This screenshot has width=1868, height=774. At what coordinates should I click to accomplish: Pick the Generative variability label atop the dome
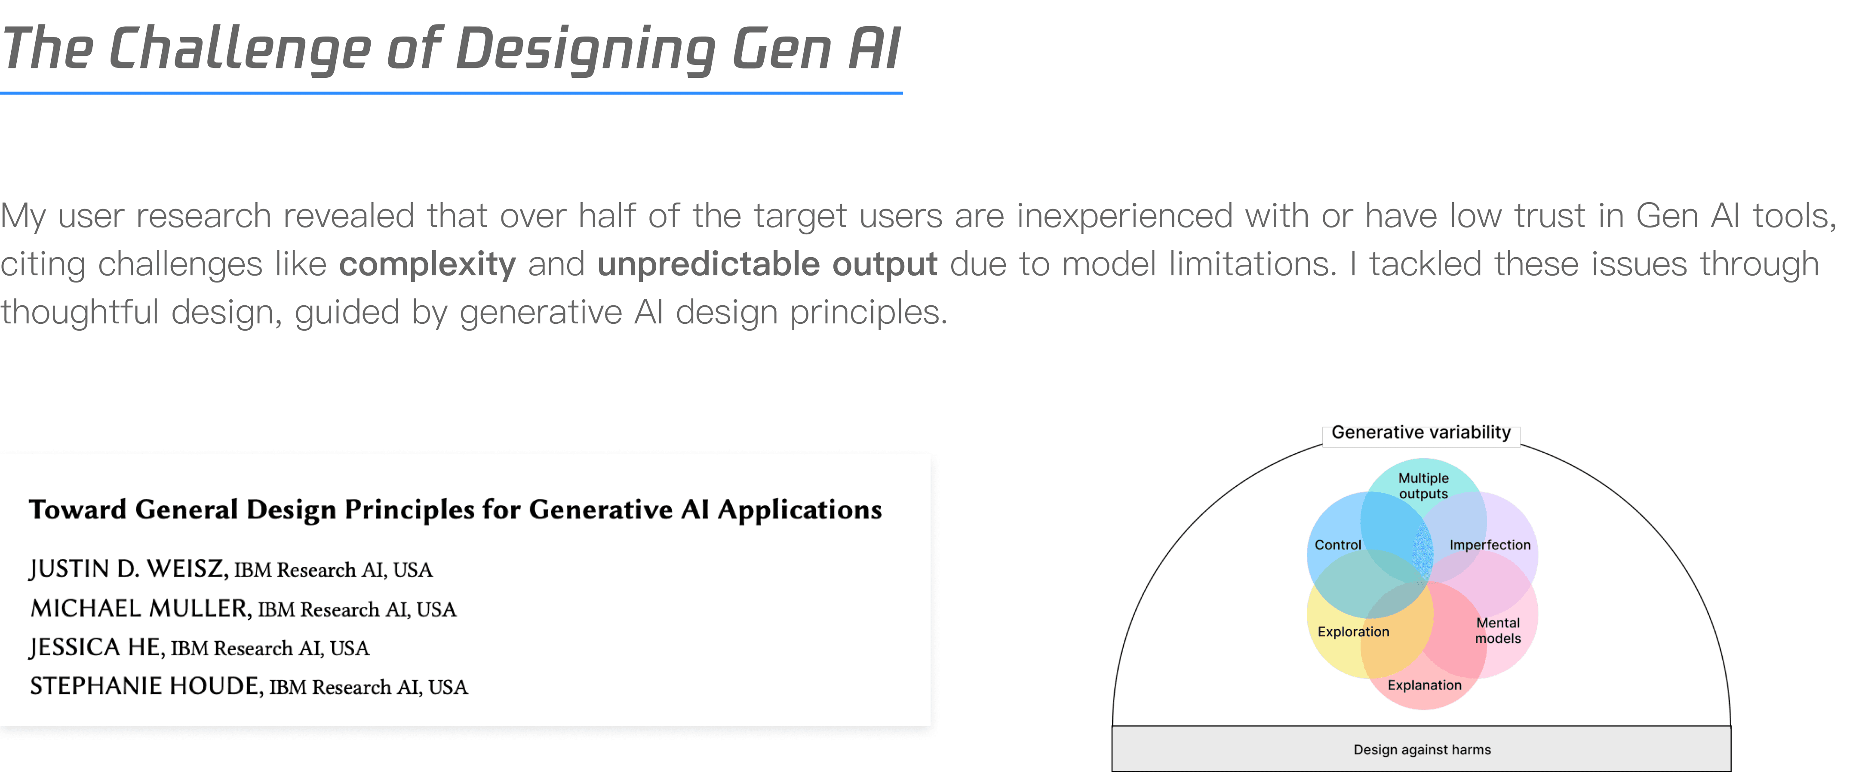click(1421, 432)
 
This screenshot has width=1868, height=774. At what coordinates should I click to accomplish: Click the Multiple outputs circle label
click(1423, 486)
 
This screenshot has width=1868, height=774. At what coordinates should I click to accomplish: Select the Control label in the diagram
click(1338, 545)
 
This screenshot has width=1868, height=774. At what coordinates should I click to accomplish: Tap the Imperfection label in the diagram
click(1490, 545)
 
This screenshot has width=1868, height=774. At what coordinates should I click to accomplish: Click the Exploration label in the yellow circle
click(1353, 632)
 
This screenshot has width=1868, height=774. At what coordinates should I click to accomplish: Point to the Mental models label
click(1498, 630)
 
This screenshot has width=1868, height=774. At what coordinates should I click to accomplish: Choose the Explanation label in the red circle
click(1424, 685)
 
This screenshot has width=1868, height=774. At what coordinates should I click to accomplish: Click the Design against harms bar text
click(1422, 749)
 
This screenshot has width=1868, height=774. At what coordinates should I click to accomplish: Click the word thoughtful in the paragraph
click(79, 313)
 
